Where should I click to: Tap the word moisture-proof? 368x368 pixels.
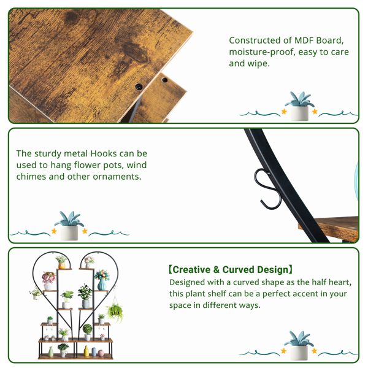click(261, 52)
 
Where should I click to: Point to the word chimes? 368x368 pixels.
click(31, 177)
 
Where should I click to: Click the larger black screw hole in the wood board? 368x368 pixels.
click(139, 87)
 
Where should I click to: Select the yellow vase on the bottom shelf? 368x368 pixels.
click(86, 351)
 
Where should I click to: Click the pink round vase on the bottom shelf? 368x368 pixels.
click(101, 353)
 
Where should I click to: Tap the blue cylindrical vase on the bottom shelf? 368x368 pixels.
click(94, 352)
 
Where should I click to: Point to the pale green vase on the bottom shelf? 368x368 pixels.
click(51, 352)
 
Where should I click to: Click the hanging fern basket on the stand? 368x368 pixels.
click(115, 312)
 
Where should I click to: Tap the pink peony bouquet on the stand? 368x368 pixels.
click(48, 278)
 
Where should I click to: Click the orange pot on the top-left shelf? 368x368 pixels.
click(61, 266)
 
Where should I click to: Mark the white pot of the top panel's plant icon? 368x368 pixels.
click(299, 113)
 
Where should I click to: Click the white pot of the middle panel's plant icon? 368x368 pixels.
click(69, 233)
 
